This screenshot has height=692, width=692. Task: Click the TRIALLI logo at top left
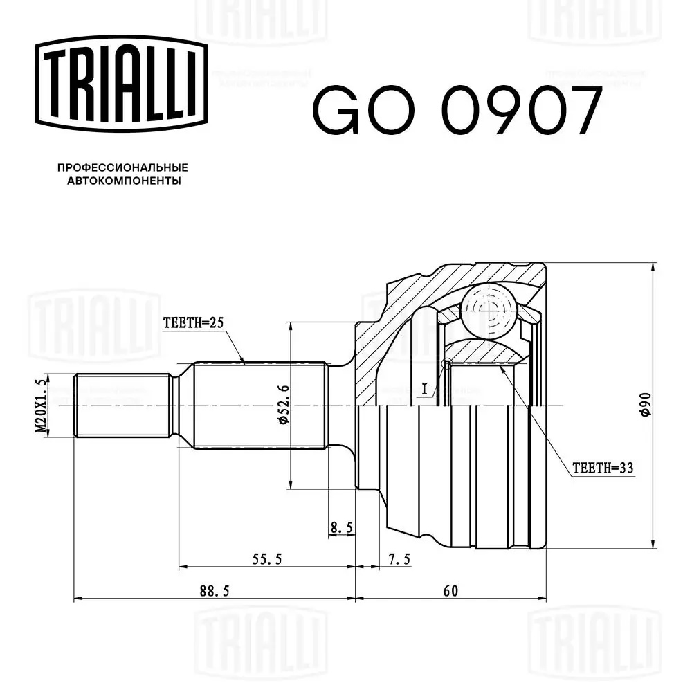[x=121, y=84]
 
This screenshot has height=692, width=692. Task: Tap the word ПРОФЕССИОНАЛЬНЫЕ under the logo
[x=122, y=167]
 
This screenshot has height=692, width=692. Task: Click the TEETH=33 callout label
[x=603, y=468]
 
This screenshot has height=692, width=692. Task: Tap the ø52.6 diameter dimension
[x=283, y=405]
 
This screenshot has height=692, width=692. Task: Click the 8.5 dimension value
[x=341, y=528]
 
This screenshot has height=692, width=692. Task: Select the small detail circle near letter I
[x=446, y=363]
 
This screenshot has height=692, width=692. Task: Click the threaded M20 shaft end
[x=123, y=406]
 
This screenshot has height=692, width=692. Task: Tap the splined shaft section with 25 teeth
[x=259, y=406]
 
